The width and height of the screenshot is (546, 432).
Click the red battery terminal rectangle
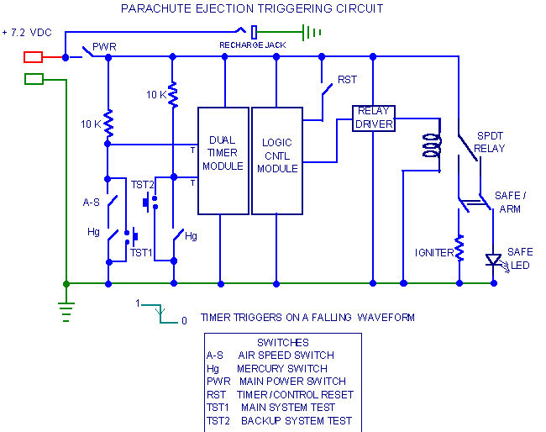(x=33, y=57)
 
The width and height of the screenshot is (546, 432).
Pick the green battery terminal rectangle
(x=34, y=79)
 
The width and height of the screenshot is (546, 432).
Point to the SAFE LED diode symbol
(x=493, y=260)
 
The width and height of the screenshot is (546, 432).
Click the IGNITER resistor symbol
(x=459, y=248)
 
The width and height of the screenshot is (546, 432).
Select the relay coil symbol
(x=432, y=145)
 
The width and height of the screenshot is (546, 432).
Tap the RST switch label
(x=347, y=80)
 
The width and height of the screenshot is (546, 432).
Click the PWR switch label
(x=104, y=47)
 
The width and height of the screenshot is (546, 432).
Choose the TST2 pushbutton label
(x=142, y=185)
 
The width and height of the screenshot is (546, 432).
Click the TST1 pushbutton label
(x=141, y=253)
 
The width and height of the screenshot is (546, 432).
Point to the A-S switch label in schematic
(x=92, y=203)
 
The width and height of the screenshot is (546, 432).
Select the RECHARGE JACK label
(x=253, y=45)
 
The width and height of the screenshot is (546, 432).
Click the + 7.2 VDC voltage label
(x=27, y=33)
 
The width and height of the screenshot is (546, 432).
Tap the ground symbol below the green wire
(x=66, y=312)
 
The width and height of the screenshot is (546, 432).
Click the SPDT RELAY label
(x=490, y=142)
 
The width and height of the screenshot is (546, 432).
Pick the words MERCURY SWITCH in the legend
(x=282, y=369)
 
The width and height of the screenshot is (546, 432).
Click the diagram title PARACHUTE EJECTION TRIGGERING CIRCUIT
(x=252, y=8)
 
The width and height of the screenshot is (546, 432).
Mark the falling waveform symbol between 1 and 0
(x=160, y=313)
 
